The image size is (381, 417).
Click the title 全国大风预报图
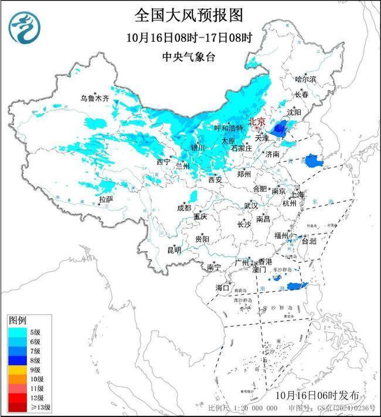click(188, 15)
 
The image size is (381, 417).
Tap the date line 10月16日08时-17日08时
click(188, 38)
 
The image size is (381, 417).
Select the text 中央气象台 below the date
click(188, 57)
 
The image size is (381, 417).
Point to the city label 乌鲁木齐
click(95, 99)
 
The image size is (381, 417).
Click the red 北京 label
click(257, 122)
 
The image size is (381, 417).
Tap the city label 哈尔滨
click(305, 79)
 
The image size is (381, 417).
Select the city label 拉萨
click(106, 199)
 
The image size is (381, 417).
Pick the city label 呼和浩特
click(229, 128)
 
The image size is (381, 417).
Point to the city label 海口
click(222, 287)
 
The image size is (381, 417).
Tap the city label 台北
click(308, 240)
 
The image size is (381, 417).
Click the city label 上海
click(297, 194)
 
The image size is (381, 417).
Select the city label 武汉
click(251, 206)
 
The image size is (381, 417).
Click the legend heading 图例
click(17, 321)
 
